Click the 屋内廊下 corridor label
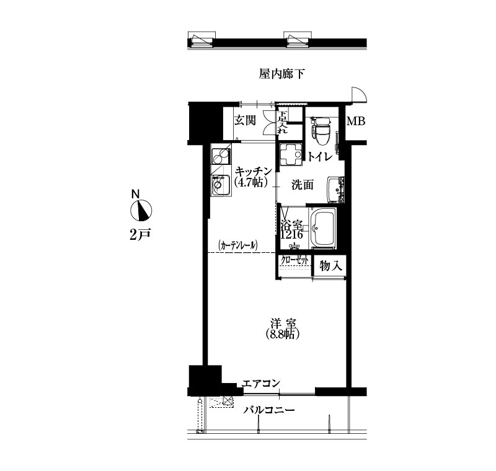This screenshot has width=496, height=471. pos(281,74)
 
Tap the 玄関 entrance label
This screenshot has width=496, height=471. pos(245,120)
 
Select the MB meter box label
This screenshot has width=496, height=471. pos(356,121)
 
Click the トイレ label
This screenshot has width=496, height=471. pos(319,156)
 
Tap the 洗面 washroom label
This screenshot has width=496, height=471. pos(303,185)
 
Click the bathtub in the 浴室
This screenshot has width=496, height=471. pos(323,227)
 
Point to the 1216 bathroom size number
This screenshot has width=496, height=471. pos(292,235)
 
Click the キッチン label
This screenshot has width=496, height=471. pos(254,171)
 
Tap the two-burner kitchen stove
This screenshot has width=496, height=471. pos(221,156)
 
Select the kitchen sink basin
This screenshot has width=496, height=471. pos(221,185)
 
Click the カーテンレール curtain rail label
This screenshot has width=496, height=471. pos(238,245)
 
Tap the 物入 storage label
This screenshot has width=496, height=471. pos(331,265)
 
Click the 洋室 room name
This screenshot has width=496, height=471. pos(283,324)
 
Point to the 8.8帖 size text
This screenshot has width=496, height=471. pos(283,334)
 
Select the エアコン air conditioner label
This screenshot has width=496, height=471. pos(261,384)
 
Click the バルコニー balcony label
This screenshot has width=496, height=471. pos(269,410)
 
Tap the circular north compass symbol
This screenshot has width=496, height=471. pos(141,210)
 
